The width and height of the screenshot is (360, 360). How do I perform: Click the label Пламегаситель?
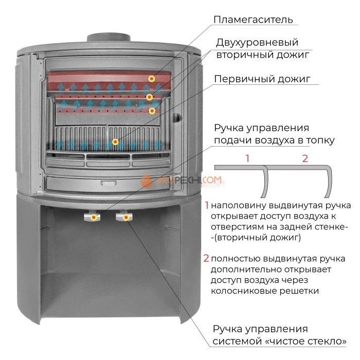(253, 20)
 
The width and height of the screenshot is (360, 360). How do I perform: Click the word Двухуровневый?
(257, 42)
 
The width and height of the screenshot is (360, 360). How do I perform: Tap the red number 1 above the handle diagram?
(247, 158)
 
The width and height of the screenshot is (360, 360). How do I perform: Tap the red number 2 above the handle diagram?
(304, 158)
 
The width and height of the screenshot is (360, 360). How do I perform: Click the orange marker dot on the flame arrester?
(152, 79)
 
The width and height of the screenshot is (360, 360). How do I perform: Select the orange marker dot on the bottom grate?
(115, 141)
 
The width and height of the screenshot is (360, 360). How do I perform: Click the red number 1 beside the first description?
(207, 204)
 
